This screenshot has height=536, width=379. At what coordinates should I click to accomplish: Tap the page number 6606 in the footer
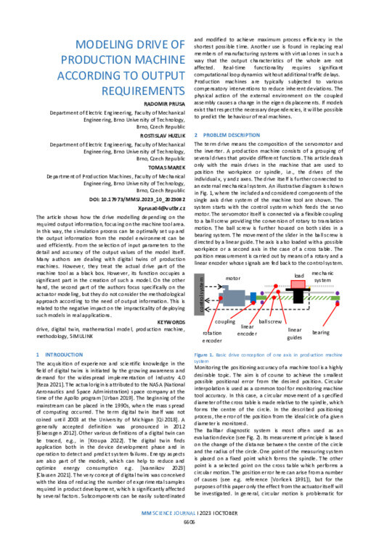click(x=189, y=521)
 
